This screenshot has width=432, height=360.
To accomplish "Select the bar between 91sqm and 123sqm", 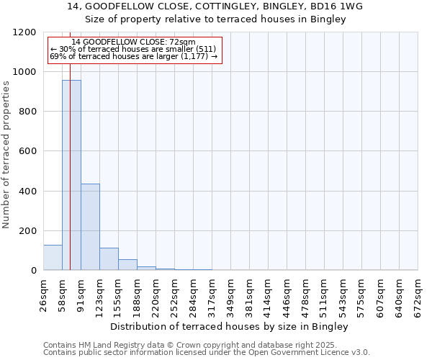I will pos(90,227).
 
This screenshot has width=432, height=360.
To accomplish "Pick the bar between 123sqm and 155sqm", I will pos(109,259).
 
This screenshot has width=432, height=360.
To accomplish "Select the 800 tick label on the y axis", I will pos(27,112).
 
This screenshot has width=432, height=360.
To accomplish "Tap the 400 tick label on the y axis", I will pos(27,191).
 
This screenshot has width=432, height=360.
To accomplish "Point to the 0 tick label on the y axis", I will pos(33,271).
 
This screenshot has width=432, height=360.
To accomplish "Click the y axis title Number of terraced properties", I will pos(7,155).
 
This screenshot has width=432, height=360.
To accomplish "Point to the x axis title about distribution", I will pos(230,327).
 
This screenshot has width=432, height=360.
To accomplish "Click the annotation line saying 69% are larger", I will pos(133,56).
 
